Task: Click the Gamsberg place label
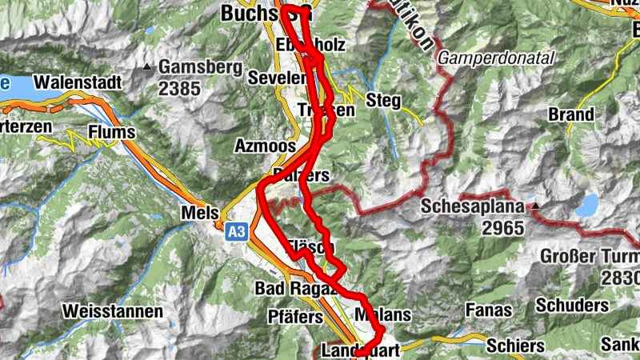tap(200, 67)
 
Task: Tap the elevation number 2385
tap(179, 88)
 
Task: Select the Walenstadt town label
tap(77, 82)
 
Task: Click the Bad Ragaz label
tap(296, 288)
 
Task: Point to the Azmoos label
tap(262, 146)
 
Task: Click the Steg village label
tap(383, 100)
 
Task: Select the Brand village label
tap(570, 114)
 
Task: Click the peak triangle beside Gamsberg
tap(147, 67)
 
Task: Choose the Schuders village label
tap(573, 306)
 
